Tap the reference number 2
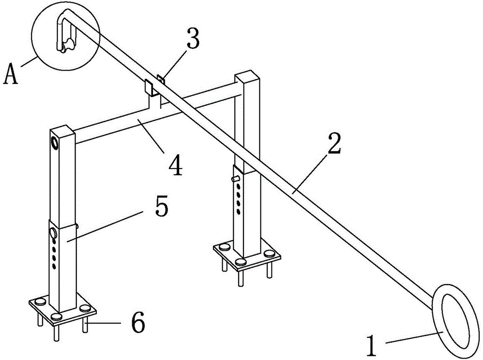click(x=334, y=144)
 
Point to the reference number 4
click(x=175, y=165)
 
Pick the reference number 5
click(x=162, y=205)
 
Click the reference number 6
click(x=138, y=322)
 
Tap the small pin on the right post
click(x=236, y=179)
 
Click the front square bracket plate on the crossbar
click(x=149, y=87)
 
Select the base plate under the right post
click(x=247, y=254)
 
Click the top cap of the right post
click(x=247, y=77)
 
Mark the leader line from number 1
click(x=414, y=337)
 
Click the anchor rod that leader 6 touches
click(x=85, y=326)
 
